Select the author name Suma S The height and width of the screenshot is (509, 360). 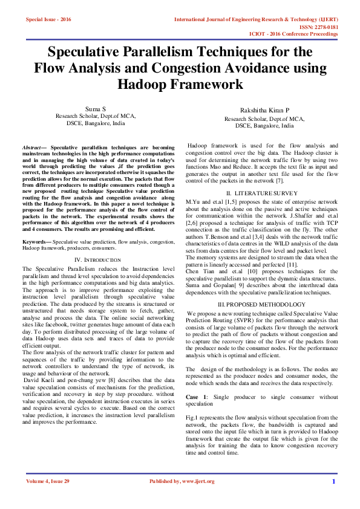[x=96, y=109]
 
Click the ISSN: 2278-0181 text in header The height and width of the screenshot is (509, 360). [x=318, y=27]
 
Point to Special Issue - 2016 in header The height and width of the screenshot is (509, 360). [x=48, y=20]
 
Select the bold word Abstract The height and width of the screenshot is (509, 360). [x=31, y=148]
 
